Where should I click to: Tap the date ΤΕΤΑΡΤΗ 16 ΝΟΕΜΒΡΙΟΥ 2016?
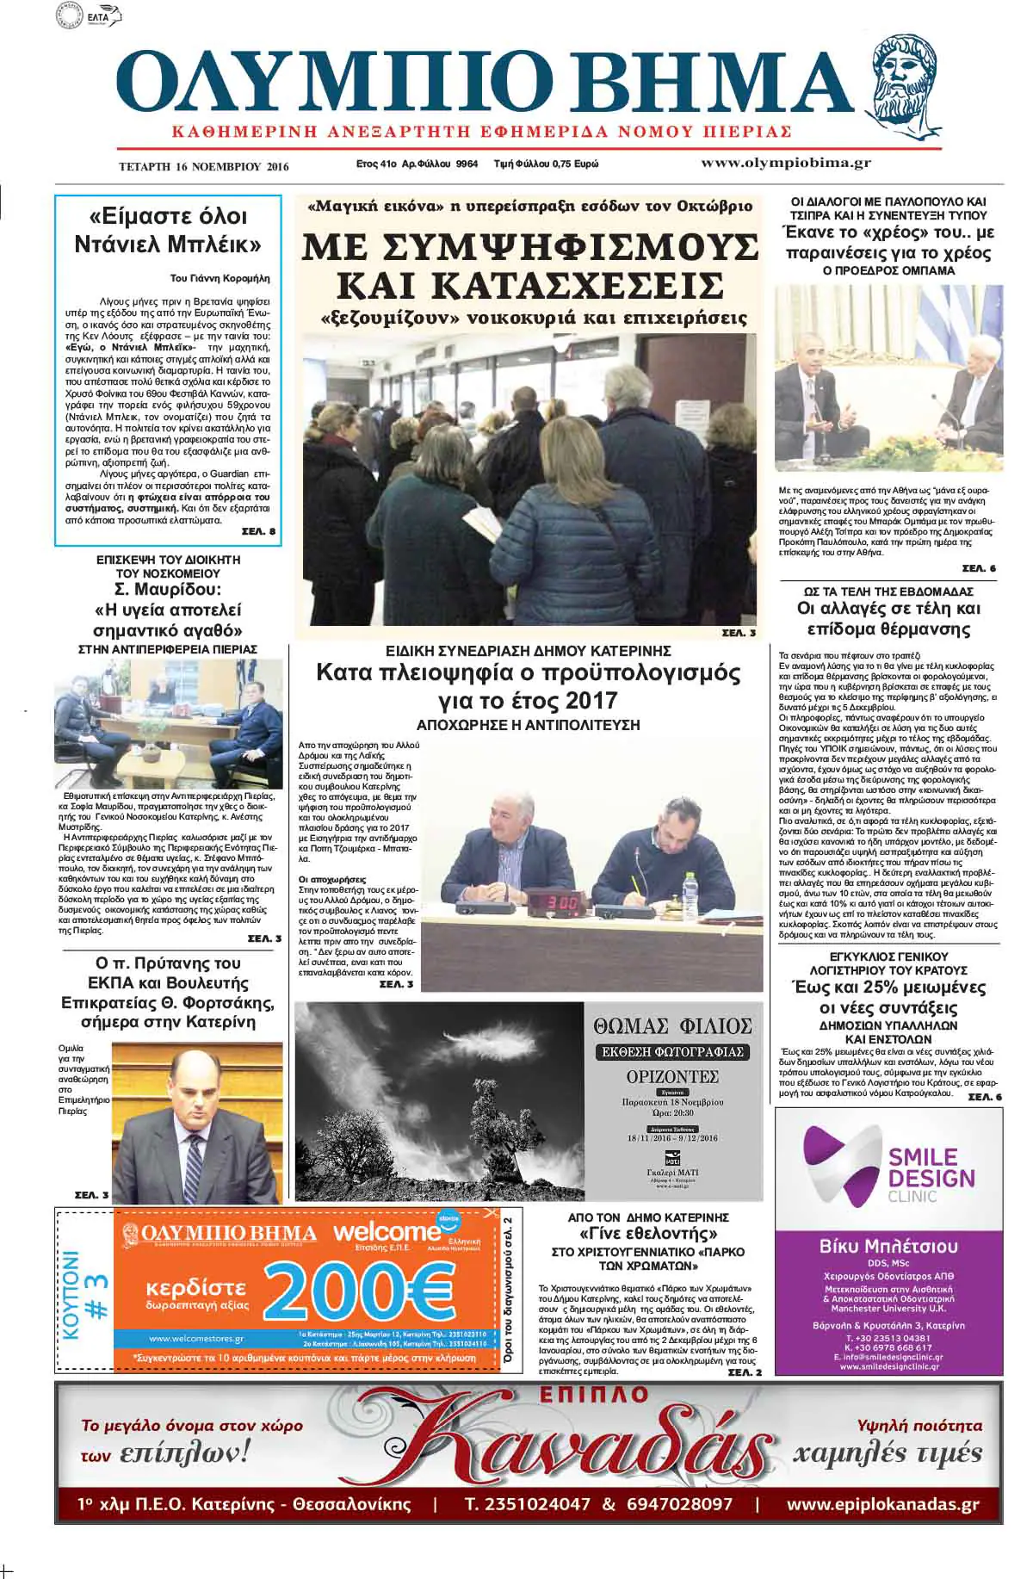[204, 166]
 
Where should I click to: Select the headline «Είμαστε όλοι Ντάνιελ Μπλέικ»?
[168, 230]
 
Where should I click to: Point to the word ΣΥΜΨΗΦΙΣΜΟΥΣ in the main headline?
[530, 248]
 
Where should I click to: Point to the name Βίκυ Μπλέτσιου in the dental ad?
[888, 1246]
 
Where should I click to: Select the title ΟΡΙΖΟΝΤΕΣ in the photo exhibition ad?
[672, 1077]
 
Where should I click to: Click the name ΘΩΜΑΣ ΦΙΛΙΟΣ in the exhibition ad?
[672, 1025]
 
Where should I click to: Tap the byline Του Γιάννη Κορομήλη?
[220, 278]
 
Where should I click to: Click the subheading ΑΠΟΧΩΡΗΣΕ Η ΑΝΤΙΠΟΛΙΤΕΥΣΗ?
[528, 725]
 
